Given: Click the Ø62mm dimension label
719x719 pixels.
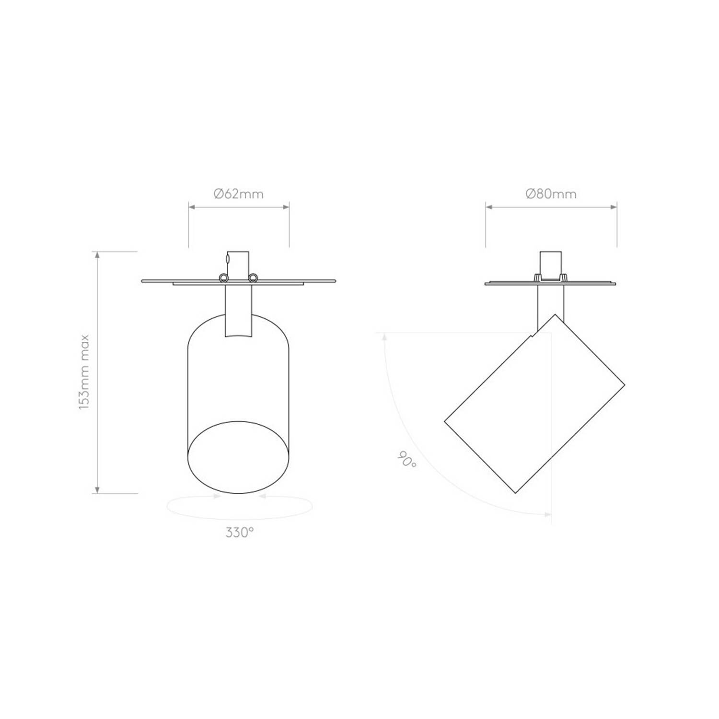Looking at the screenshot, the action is (x=239, y=194).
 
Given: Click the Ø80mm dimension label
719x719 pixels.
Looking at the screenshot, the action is (x=551, y=194).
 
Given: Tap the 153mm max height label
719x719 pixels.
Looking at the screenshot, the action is (x=84, y=372).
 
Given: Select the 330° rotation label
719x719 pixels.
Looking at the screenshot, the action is (x=239, y=533).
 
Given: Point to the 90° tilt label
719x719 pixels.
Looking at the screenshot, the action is (x=406, y=460).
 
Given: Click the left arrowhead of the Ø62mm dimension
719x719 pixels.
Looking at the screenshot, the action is (x=192, y=207).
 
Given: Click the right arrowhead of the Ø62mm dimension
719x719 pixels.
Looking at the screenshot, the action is (x=286, y=207).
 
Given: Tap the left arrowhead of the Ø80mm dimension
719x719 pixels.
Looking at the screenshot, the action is (x=489, y=207).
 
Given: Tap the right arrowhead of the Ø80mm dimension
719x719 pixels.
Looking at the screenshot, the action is (x=613, y=207).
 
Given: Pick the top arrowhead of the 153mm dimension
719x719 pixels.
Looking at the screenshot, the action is (x=98, y=255).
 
